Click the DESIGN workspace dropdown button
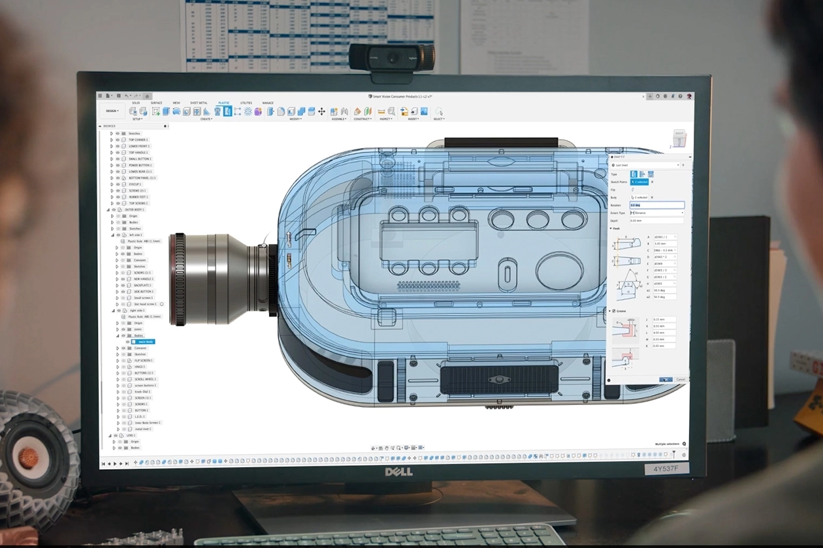112,111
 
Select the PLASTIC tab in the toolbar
223,103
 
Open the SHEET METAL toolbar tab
199,103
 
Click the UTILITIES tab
246,103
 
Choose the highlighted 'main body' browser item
145,342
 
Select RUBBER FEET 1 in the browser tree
138,196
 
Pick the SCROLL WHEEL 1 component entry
145,379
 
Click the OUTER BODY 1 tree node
135,209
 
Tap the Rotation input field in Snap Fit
656,205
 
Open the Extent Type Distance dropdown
656,213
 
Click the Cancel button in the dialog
681,379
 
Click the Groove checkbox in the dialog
613,311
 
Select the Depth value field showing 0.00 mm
656,221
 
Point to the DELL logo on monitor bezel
398,472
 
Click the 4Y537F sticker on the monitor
666,468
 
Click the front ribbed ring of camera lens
178,279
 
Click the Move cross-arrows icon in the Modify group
321,112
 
